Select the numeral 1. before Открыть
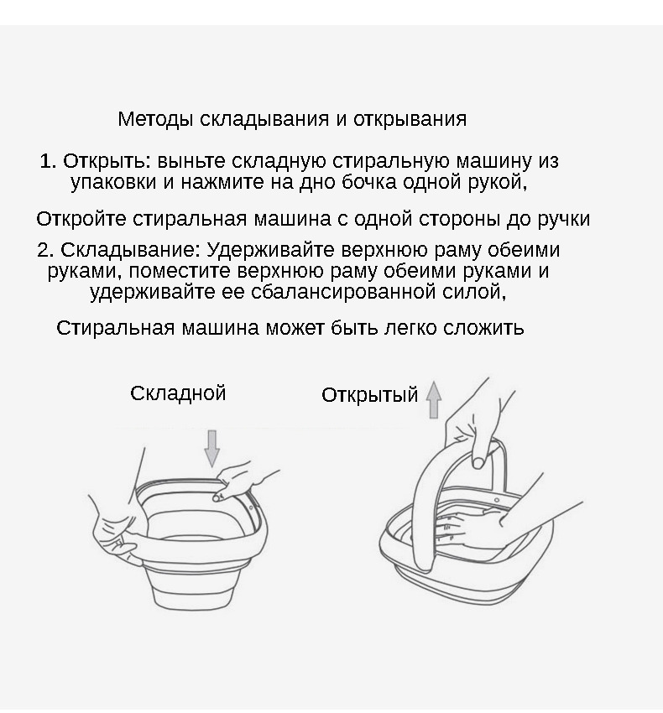tap(48, 161)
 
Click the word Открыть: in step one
tap(107, 161)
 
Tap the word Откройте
tap(81, 219)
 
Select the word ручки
tap(564, 219)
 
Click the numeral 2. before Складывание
tap(45, 250)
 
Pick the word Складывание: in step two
tap(131, 250)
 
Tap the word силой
tap(474, 291)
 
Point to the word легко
tap(410, 328)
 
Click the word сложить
tap(483, 328)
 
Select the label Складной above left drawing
tap(178, 393)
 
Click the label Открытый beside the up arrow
tap(369, 395)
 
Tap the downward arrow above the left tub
tap(212, 449)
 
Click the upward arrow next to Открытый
tap(434, 399)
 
